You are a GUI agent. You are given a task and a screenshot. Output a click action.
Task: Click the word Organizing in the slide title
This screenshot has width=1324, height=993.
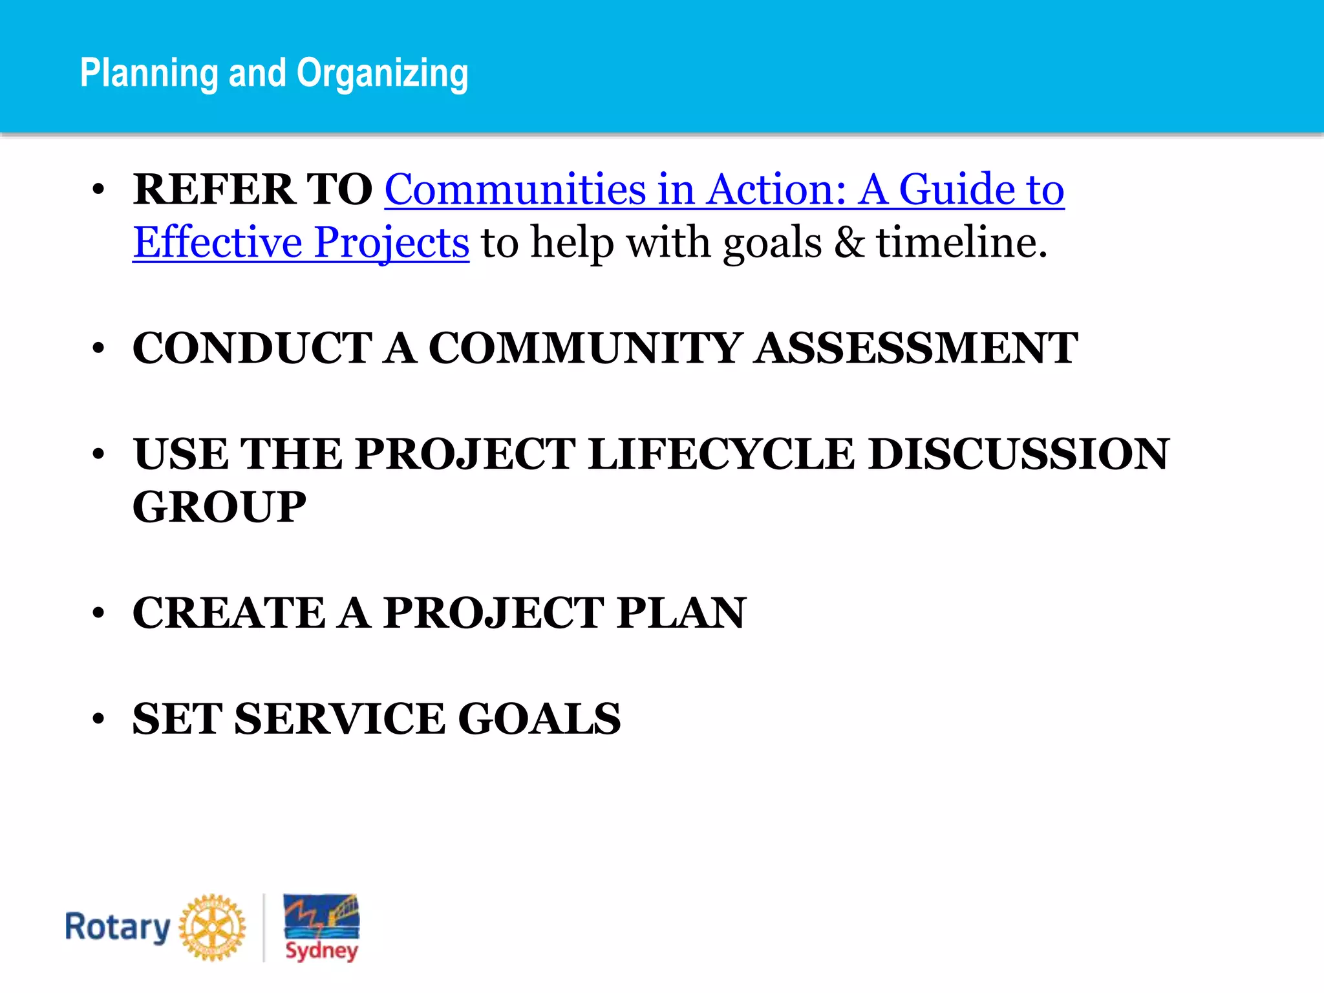(382, 73)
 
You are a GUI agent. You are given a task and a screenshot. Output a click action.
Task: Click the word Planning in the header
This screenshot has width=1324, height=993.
(149, 73)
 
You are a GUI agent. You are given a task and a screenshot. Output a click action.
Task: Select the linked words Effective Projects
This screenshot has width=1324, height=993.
(301, 242)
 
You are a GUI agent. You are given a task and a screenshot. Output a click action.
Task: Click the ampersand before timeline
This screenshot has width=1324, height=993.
(849, 242)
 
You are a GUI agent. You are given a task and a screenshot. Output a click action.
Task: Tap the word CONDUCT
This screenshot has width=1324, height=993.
(252, 348)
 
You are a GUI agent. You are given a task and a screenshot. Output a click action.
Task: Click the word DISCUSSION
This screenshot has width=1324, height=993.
(1018, 454)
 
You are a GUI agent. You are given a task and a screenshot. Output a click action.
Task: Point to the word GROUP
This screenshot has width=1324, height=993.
(219, 507)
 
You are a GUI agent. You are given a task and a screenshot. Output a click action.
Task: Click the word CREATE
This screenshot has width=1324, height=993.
(229, 613)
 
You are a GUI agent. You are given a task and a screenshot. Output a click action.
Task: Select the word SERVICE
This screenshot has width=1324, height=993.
(339, 719)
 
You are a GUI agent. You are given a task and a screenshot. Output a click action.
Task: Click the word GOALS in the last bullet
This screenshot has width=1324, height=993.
(539, 719)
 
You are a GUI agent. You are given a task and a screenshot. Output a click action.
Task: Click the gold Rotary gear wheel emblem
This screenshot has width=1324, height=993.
(212, 928)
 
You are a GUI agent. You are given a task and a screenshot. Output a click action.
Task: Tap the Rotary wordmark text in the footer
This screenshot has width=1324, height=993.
(117, 928)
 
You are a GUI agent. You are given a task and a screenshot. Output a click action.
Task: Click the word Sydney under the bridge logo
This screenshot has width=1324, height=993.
(321, 950)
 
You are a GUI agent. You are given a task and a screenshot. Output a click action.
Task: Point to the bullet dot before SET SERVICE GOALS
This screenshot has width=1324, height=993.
(98, 719)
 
